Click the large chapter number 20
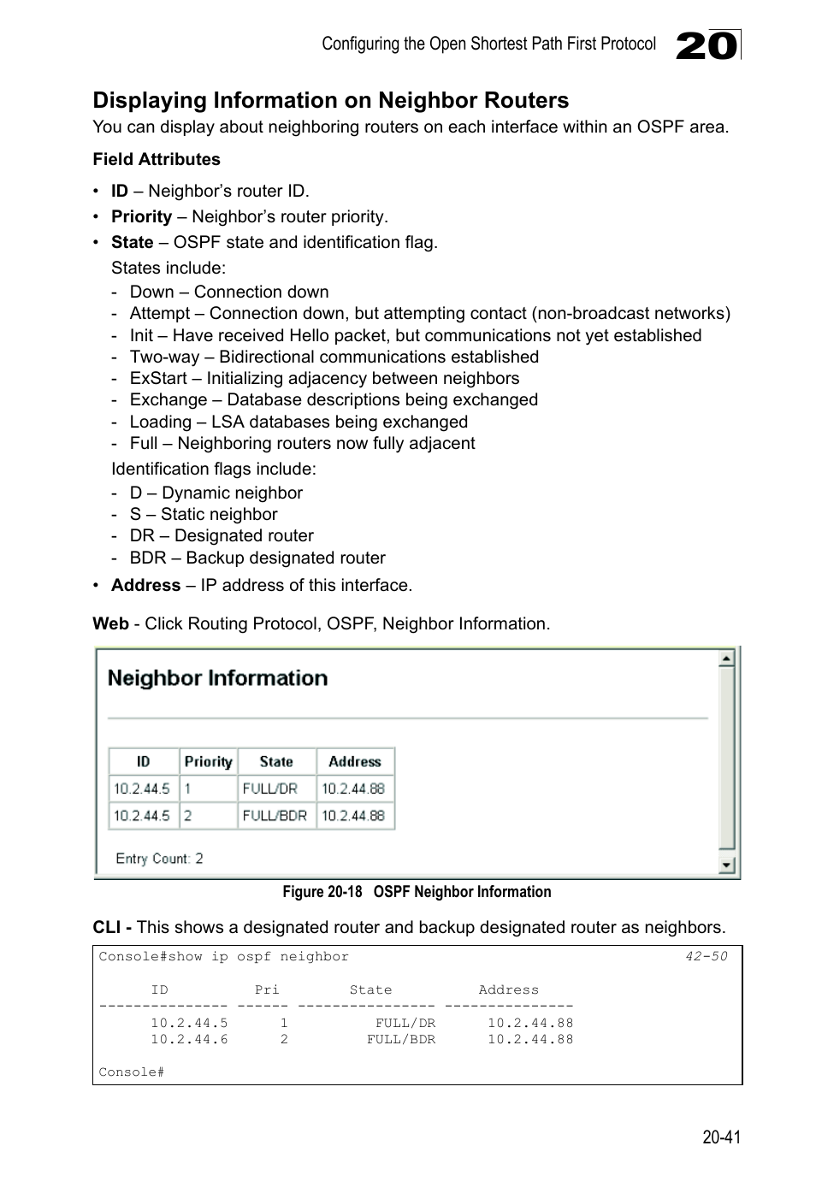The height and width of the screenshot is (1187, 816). tap(706, 45)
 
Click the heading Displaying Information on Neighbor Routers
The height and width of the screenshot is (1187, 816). tap(330, 101)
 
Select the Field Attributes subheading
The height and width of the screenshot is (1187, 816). tap(157, 160)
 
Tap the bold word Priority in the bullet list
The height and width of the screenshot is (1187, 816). tap(141, 217)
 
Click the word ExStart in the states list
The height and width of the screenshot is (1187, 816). tap(158, 379)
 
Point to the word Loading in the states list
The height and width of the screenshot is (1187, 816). tap(160, 422)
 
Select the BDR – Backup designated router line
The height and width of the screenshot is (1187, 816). tap(257, 558)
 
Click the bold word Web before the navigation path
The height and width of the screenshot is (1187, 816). tap(110, 624)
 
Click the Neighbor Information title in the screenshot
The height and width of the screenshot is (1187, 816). tap(217, 679)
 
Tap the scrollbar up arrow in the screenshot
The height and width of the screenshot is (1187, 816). tap(726, 658)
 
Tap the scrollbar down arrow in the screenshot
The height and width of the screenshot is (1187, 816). tap(726, 865)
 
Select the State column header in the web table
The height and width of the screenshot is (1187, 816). tap(276, 762)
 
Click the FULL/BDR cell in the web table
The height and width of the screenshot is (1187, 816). tap(275, 816)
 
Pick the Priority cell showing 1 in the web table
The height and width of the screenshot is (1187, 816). tap(188, 789)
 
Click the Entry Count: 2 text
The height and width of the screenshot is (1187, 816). tap(160, 859)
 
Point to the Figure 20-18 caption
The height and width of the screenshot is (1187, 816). tap(417, 892)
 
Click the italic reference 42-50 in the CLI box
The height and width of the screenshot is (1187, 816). tap(706, 957)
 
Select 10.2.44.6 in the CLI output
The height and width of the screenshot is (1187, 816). tap(189, 1040)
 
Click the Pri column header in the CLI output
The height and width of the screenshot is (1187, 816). tap(267, 990)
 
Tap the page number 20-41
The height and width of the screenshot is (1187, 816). tap(721, 1137)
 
